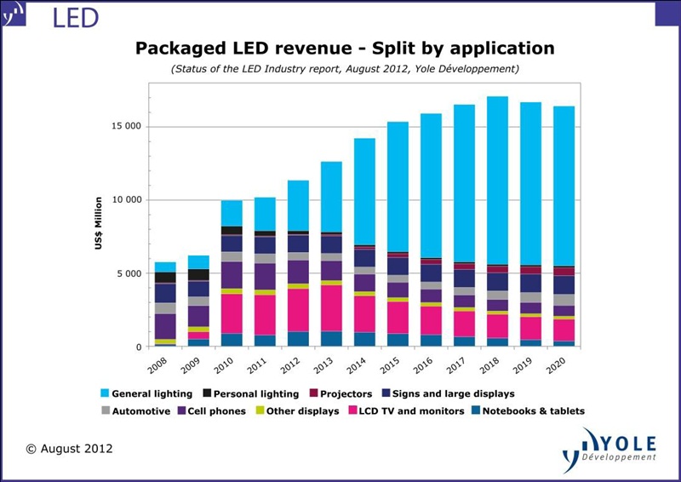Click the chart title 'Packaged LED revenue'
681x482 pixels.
[345, 48]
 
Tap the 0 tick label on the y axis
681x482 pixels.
[138, 347]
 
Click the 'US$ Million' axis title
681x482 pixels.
[99, 223]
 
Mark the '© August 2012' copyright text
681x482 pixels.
[69, 448]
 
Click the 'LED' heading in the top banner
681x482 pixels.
[75, 17]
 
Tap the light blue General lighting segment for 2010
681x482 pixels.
[232, 213]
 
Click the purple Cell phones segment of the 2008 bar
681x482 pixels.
[165, 326]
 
